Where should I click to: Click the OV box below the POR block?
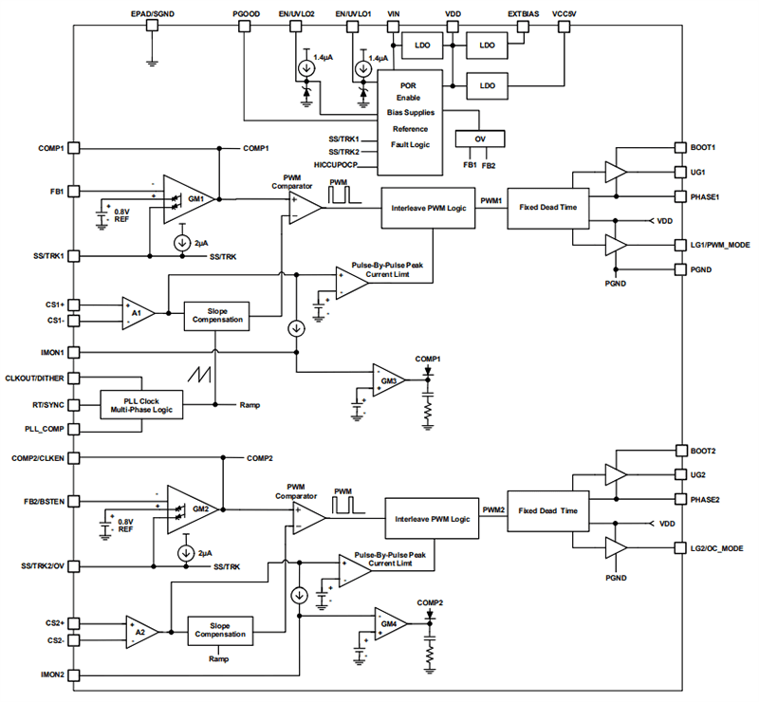[479, 139]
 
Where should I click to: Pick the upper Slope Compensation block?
[217, 315]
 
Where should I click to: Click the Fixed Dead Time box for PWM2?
[542, 510]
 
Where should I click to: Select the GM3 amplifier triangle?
[387, 379]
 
